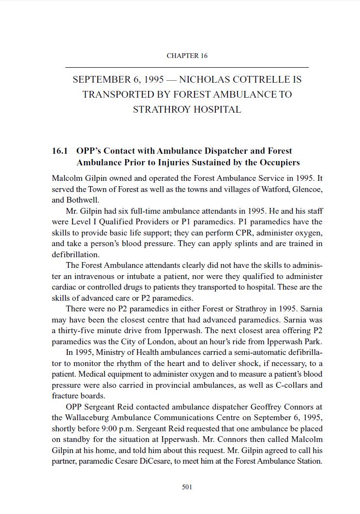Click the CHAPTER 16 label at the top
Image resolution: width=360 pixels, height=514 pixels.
pyautogui.click(x=187, y=56)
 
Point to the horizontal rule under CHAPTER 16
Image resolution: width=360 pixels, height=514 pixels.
pyautogui.click(x=187, y=67)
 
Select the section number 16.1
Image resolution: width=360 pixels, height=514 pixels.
pyautogui.click(x=60, y=151)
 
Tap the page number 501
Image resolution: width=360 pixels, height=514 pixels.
pyautogui.click(x=187, y=487)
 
